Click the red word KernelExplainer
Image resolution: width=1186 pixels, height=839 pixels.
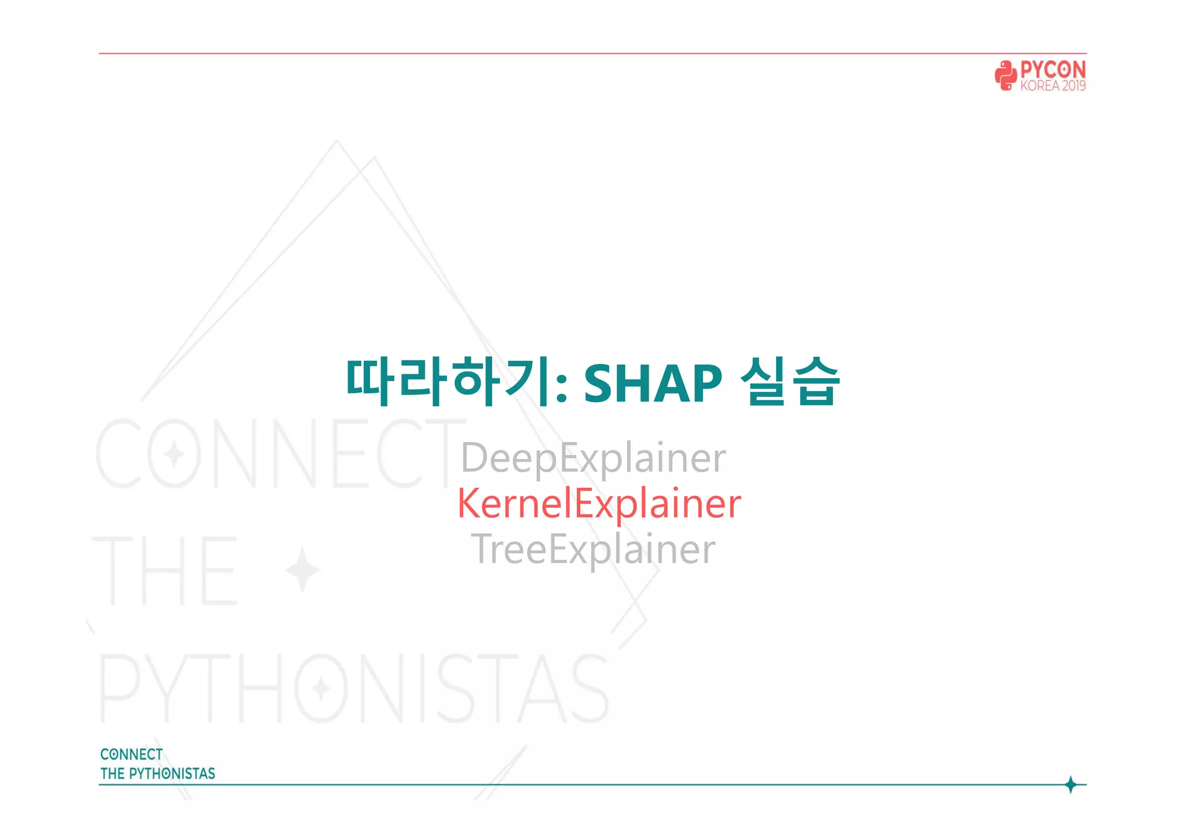[x=599, y=503]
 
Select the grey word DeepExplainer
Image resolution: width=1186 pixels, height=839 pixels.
[x=593, y=458]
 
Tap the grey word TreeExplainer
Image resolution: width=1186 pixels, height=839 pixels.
[x=593, y=549]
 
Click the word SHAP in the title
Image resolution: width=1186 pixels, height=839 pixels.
[x=653, y=383]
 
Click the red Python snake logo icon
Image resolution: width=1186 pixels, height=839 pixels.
[x=1005, y=75]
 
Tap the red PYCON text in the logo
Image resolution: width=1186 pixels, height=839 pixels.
[x=1053, y=70]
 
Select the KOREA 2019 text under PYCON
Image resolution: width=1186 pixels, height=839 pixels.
[x=1053, y=86]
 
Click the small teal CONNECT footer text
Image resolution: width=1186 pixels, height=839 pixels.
[x=131, y=754]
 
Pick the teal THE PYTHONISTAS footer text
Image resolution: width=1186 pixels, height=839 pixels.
[x=158, y=774]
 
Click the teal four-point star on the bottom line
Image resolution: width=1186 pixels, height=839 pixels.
[x=1071, y=785]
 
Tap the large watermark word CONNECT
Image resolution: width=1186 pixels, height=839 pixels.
[x=278, y=454]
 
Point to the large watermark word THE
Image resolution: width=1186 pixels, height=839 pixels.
[x=165, y=570]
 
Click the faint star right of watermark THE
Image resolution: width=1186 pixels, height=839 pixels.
[x=302, y=570]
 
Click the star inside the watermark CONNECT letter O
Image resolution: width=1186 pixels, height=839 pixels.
[x=174, y=454]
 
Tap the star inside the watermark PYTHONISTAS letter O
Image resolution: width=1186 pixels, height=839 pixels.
[x=321, y=689]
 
